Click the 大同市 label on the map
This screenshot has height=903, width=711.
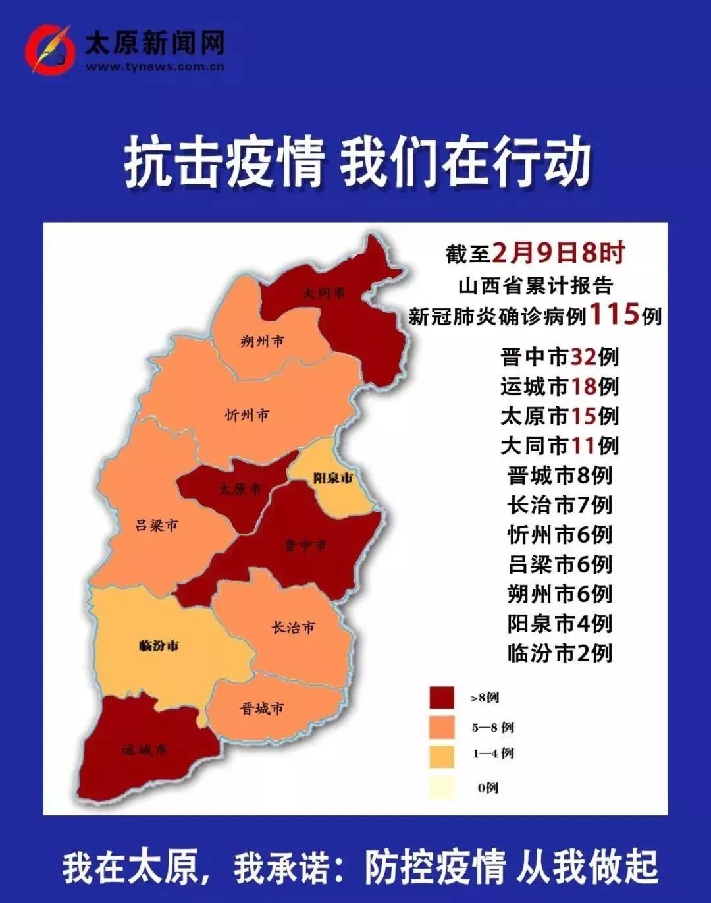pyautogui.click(x=324, y=293)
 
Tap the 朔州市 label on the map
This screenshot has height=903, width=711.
pyautogui.click(x=262, y=341)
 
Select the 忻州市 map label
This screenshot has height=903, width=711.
pyautogui.click(x=247, y=415)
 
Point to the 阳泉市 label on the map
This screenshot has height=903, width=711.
pyautogui.click(x=332, y=478)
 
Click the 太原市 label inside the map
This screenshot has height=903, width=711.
pyautogui.click(x=240, y=489)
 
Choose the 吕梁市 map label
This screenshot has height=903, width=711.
pyautogui.click(x=157, y=525)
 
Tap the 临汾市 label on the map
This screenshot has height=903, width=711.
pyautogui.click(x=159, y=645)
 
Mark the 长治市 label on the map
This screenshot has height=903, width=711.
pyautogui.click(x=294, y=628)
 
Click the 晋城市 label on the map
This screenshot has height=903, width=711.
pyautogui.click(x=262, y=709)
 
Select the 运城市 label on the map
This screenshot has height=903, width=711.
pyautogui.click(x=144, y=750)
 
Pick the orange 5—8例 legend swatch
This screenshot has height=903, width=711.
pyautogui.click(x=441, y=727)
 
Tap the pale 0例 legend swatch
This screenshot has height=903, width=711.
pyautogui.click(x=441, y=788)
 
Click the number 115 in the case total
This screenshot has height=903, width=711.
pyautogui.click(x=614, y=314)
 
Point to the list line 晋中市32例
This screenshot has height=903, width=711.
pyautogui.click(x=560, y=357)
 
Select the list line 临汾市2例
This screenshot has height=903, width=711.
pyautogui.click(x=560, y=653)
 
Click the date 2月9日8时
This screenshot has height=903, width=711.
pyautogui.click(x=558, y=253)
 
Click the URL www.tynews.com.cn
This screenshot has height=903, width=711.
pyautogui.click(x=155, y=67)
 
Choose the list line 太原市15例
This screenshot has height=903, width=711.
pyautogui.click(x=560, y=416)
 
